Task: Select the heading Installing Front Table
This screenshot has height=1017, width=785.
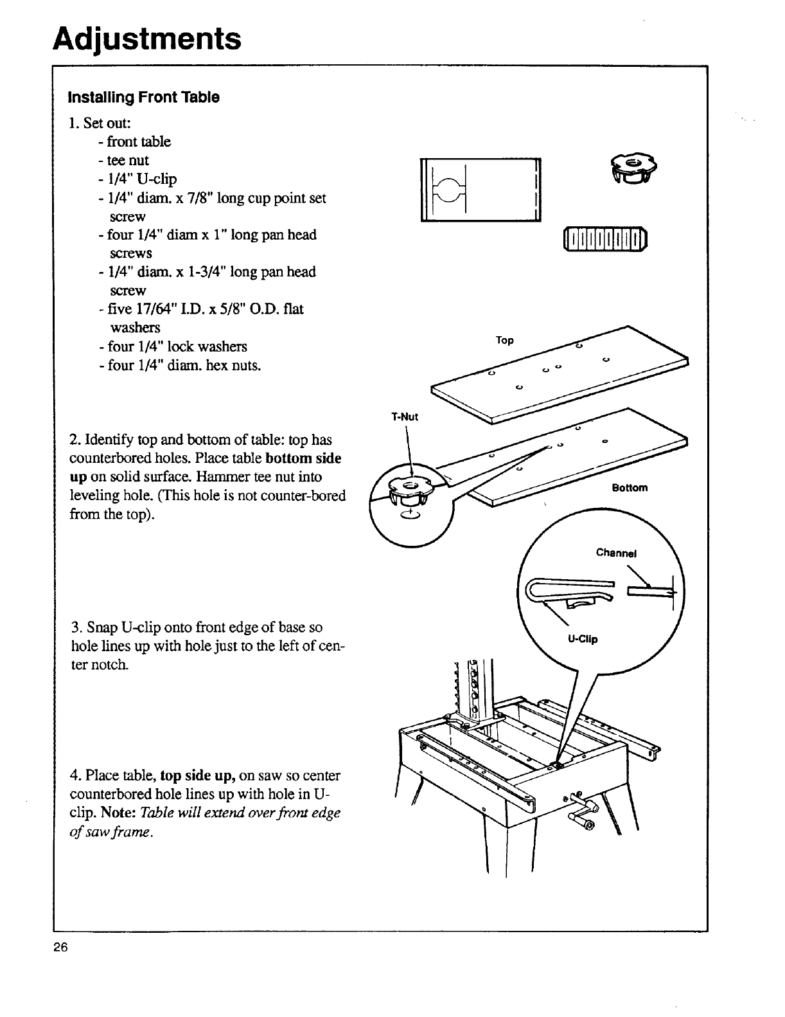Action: pyautogui.click(x=144, y=98)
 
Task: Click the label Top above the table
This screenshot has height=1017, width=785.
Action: pyautogui.click(x=505, y=340)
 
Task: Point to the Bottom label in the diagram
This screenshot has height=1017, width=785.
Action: pyautogui.click(x=630, y=487)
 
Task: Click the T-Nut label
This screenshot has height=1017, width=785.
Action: pyautogui.click(x=405, y=417)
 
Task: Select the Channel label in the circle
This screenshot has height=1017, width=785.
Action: pyautogui.click(x=615, y=552)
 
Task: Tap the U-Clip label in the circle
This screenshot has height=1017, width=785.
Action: pyautogui.click(x=582, y=639)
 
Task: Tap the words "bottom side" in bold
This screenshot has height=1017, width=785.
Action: pyautogui.click(x=303, y=458)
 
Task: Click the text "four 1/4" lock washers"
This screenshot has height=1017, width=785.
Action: pyautogui.click(x=173, y=346)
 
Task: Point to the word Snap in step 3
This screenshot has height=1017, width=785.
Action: pyautogui.click(x=101, y=627)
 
